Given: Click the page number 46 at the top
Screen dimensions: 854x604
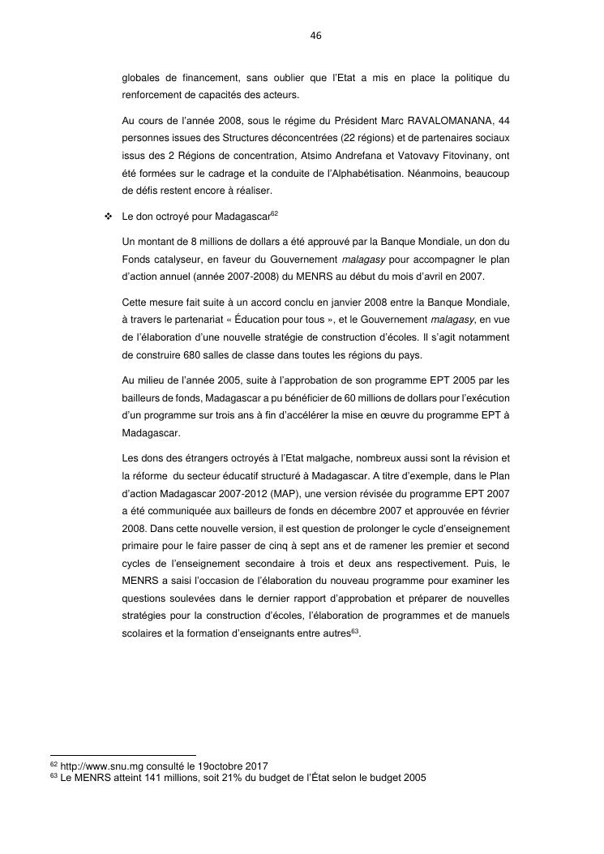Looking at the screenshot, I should (x=315, y=36).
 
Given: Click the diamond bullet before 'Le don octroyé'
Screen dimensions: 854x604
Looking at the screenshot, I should (x=107, y=217).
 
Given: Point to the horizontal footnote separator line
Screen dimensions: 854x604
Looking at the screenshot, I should (x=122, y=756).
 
